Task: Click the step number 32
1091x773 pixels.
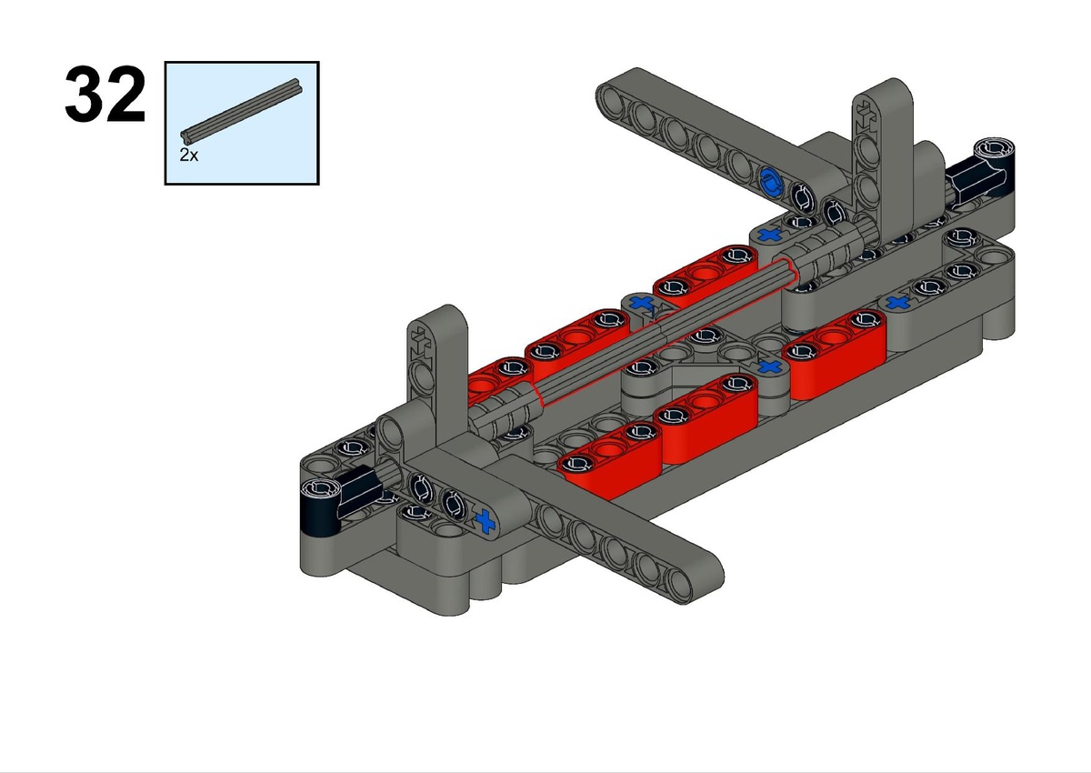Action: click(x=105, y=94)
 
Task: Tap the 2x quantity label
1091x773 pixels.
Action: click(x=189, y=155)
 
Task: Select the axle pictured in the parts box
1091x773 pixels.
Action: click(x=241, y=111)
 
